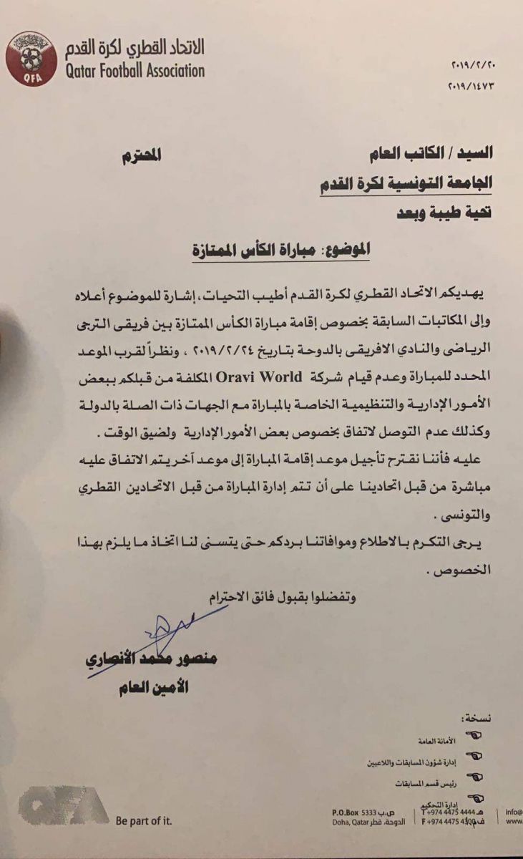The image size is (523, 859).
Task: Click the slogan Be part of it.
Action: point(143,821)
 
